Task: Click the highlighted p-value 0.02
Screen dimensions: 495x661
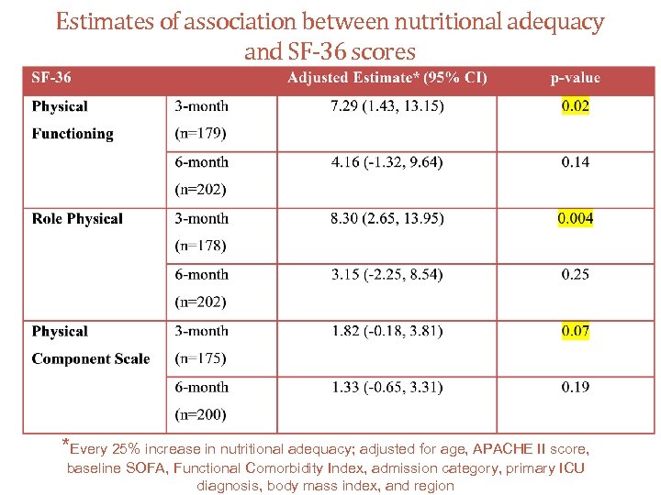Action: click(x=576, y=106)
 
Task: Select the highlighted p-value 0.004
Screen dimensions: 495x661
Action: click(x=576, y=218)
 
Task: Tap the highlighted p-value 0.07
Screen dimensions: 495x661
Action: click(x=576, y=331)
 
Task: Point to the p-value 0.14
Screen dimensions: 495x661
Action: click(x=576, y=162)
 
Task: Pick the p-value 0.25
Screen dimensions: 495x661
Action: click(x=576, y=274)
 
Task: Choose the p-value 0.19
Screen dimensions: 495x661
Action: click(x=576, y=387)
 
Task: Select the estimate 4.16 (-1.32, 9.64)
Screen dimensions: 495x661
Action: click(x=387, y=162)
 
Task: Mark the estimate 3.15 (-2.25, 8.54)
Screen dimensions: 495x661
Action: click(x=387, y=274)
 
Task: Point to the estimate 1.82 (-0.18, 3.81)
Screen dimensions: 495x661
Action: click(x=387, y=331)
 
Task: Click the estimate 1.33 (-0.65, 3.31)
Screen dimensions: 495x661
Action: click(x=387, y=387)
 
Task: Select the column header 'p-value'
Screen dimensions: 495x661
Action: click(x=576, y=78)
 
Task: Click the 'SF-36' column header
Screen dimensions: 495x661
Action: click(x=51, y=78)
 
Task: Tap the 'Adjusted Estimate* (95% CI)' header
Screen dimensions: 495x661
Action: click(x=387, y=78)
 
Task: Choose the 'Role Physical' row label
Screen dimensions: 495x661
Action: click(x=77, y=218)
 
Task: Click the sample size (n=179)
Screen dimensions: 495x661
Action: click(x=200, y=134)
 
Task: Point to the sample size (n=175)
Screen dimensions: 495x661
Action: click(x=200, y=358)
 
